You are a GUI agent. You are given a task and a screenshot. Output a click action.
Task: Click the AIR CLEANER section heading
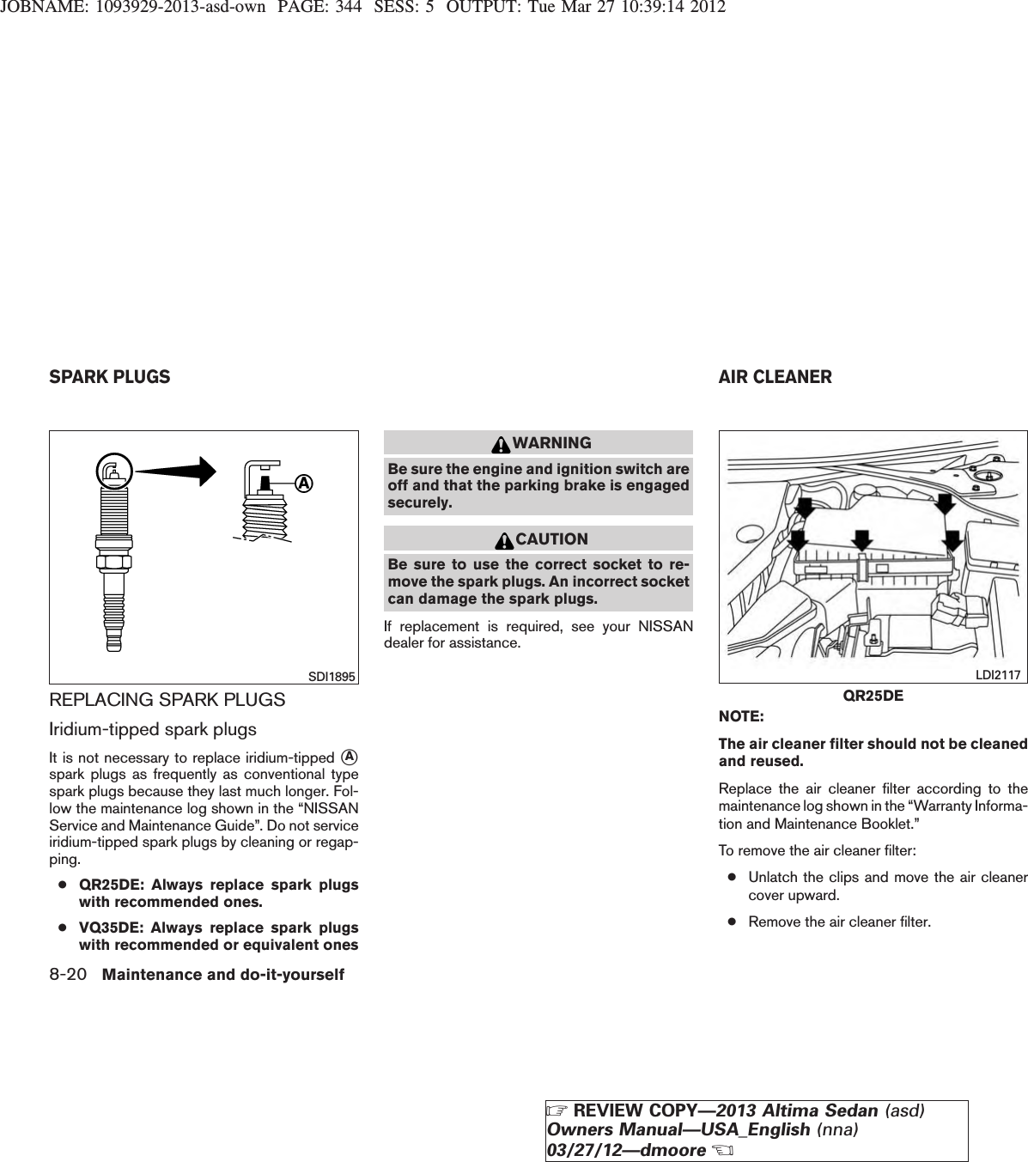[x=775, y=377]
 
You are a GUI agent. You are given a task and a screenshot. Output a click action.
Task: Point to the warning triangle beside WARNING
[x=501, y=444]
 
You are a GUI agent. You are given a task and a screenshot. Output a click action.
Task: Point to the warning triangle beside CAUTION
[x=505, y=540]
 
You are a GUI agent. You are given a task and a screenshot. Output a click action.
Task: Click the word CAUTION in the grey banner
[x=552, y=539]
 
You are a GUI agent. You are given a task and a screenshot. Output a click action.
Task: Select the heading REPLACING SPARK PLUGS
[x=167, y=700]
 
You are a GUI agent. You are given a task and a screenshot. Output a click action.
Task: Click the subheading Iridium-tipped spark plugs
[x=153, y=730]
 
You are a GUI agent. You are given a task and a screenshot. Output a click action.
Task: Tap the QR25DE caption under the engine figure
[x=873, y=695]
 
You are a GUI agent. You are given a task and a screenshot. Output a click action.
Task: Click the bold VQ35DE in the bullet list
[x=106, y=928]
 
